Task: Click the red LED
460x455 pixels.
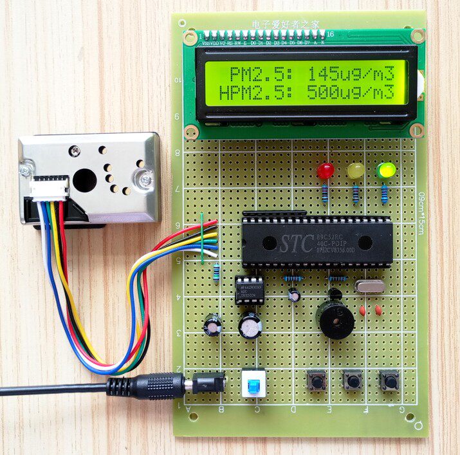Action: [x=326, y=172]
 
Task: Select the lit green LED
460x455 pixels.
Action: [x=386, y=171]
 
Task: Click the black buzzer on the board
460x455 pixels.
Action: [x=334, y=319]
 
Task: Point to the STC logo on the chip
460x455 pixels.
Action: [x=295, y=243]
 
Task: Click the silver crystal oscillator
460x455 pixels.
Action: [x=367, y=288]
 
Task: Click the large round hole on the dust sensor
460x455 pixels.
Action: [x=84, y=180]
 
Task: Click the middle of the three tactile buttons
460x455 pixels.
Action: [x=352, y=381]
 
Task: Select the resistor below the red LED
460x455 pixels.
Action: [x=326, y=191]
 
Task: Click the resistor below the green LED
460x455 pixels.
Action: [x=385, y=192]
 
